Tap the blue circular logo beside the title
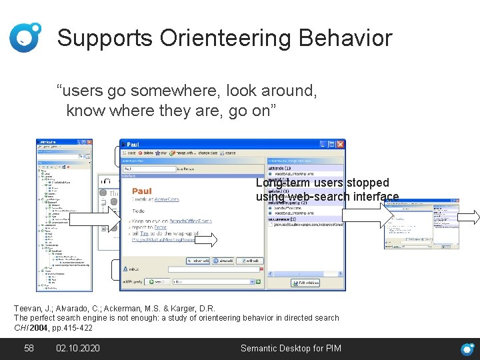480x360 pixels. (x=25, y=37)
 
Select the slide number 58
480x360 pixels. (x=29, y=348)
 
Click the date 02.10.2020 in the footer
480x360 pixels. (x=78, y=348)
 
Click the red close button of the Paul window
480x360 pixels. (x=341, y=144)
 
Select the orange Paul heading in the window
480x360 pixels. (x=141, y=191)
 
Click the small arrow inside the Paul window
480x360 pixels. (x=205, y=240)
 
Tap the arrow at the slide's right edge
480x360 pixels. (x=468, y=216)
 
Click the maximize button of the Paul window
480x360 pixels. (x=331, y=144)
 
